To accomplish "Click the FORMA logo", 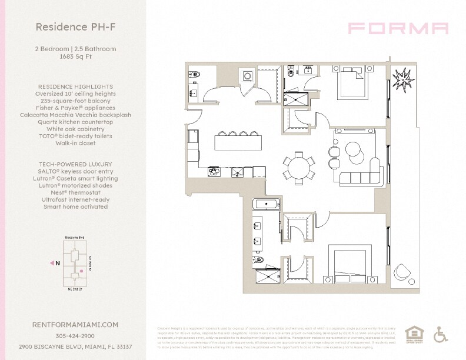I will (398, 28).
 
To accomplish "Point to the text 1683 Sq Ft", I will (75, 56).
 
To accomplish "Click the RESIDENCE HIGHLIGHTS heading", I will (75, 86).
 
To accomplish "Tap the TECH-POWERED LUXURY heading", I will (75, 164).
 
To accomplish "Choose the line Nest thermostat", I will (75, 192).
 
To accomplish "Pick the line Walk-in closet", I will (75, 143).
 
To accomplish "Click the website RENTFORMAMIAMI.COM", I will (75, 324).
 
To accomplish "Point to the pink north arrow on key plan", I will (53, 263).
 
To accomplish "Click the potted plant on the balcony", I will (405, 79).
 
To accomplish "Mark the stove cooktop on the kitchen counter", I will (214, 172).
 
